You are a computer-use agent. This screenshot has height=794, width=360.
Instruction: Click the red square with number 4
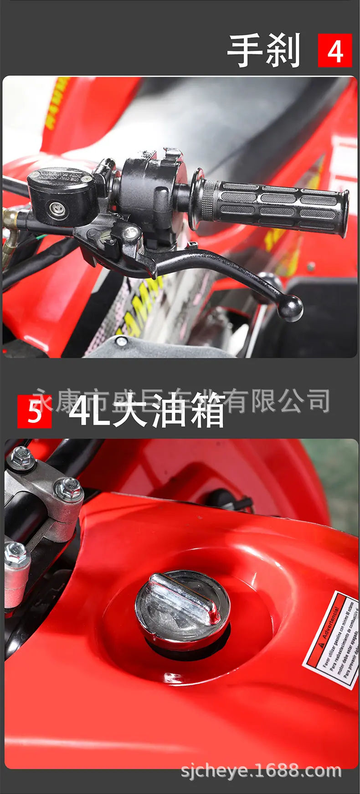point(334,51)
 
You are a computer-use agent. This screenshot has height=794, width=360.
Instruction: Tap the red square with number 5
point(34,412)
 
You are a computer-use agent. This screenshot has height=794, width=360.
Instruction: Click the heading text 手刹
point(264,51)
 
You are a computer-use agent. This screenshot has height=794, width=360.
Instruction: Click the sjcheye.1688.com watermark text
point(261,771)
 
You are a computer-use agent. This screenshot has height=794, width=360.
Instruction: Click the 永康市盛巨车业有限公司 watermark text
point(182,400)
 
